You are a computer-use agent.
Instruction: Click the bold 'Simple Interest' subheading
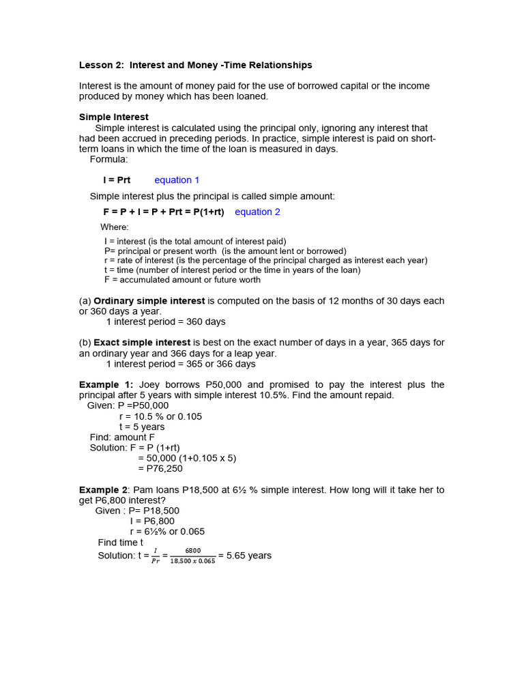(x=113, y=117)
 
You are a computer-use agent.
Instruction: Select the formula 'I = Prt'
(x=117, y=180)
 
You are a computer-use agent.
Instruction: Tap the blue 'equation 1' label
(x=177, y=180)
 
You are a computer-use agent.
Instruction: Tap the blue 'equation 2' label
(x=257, y=212)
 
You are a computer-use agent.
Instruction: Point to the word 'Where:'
(x=115, y=227)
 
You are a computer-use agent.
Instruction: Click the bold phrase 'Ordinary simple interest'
(x=149, y=301)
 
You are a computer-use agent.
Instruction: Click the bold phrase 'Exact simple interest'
(x=142, y=343)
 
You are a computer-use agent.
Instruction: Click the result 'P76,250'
(x=160, y=469)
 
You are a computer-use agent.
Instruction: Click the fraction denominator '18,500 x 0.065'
(x=192, y=561)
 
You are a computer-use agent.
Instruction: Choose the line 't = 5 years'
(x=142, y=427)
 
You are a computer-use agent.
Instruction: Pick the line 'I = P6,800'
(x=152, y=522)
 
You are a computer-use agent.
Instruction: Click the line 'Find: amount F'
(x=122, y=438)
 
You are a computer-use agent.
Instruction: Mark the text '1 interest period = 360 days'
(x=166, y=322)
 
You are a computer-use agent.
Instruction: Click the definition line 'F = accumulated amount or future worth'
(x=182, y=280)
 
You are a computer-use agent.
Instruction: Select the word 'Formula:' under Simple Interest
(x=108, y=159)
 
